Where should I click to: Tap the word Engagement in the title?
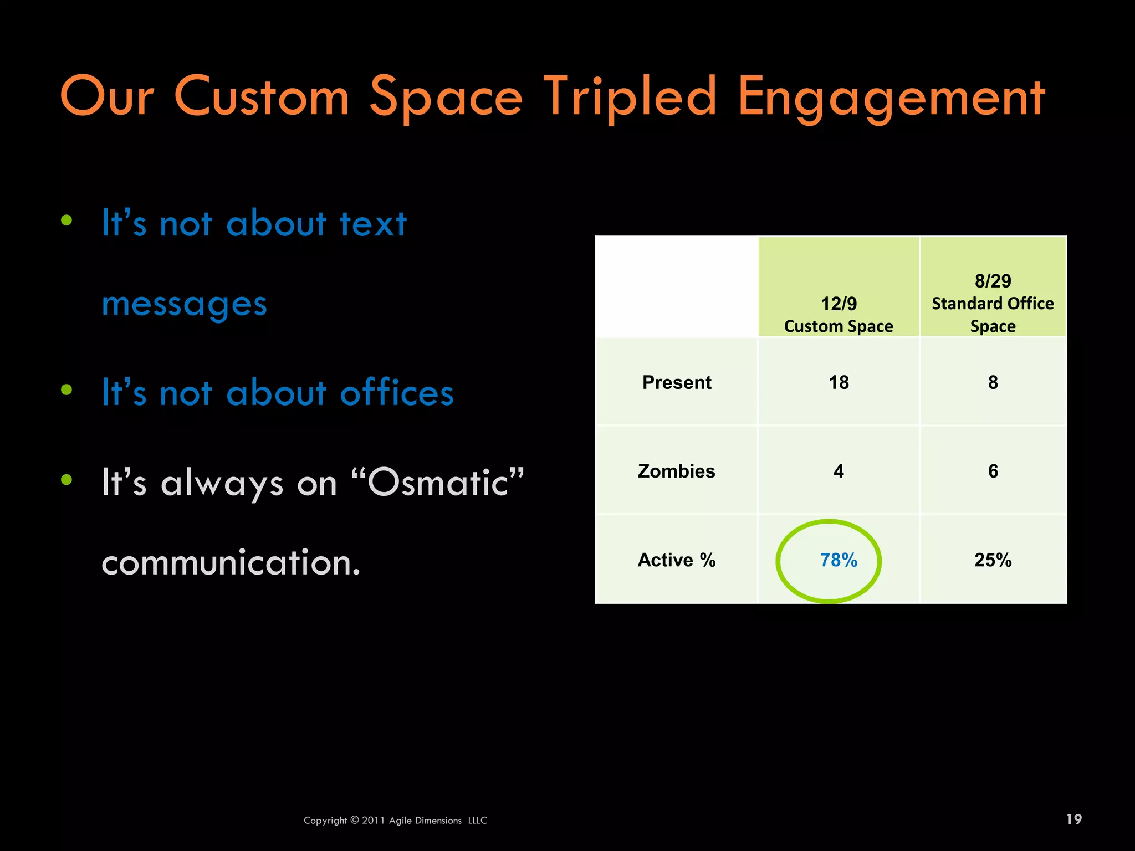pyautogui.click(x=891, y=99)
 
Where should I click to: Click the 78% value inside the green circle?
pyautogui.click(x=839, y=560)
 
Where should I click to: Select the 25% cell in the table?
pyautogui.click(x=993, y=560)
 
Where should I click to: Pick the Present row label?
pyautogui.click(x=677, y=382)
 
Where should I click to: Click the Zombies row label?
pyautogui.click(x=676, y=471)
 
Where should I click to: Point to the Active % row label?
pyautogui.click(x=676, y=560)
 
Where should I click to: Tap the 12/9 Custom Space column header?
pyautogui.click(x=839, y=314)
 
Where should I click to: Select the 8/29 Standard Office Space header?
pyautogui.click(x=993, y=303)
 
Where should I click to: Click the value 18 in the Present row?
pyautogui.click(x=839, y=382)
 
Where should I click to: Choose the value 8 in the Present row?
pyautogui.click(x=993, y=382)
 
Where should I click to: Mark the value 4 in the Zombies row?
pyautogui.click(x=839, y=471)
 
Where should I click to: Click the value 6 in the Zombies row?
pyautogui.click(x=993, y=471)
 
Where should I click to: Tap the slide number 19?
pyautogui.click(x=1073, y=819)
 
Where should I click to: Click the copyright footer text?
pyautogui.click(x=395, y=821)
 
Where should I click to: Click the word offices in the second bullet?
pyautogui.click(x=397, y=393)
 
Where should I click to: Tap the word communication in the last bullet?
pyautogui.click(x=231, y=563)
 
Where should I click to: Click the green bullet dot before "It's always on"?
pyautogui.click(x=67, y=480)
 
